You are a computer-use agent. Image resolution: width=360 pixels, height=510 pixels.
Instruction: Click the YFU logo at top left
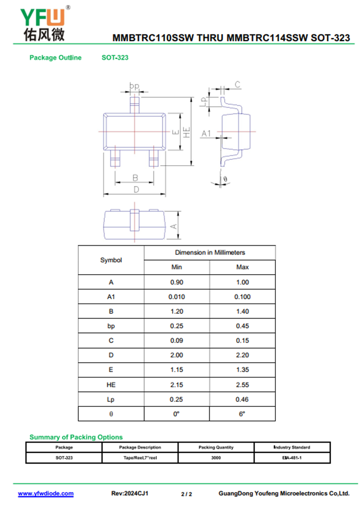[44, 23]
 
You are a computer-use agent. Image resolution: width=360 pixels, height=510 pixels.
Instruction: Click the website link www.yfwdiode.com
[45, 493]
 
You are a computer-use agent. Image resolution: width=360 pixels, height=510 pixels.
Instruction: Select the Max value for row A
[242, 282]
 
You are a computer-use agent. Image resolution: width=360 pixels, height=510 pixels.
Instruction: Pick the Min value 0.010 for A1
[176, 297]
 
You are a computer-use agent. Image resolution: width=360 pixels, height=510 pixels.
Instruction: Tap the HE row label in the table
[111, 385]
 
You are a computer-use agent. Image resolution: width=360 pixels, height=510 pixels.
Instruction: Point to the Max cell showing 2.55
[242, 385]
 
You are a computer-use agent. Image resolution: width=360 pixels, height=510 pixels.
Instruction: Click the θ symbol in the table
[111, 414]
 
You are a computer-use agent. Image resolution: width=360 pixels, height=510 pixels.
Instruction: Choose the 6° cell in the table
[242, 414]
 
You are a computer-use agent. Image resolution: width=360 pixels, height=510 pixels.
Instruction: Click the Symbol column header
[111, 260]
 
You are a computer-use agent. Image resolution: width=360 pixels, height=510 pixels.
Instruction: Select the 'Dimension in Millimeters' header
[210, 253]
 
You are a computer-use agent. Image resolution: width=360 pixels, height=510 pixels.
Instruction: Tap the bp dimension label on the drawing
[134, 86]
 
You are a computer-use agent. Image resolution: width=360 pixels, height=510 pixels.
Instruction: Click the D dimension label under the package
[136, 190]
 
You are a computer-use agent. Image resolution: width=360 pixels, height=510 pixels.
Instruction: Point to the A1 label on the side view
[206, 133]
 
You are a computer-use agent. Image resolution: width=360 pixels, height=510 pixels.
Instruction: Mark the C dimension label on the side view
[238, 85]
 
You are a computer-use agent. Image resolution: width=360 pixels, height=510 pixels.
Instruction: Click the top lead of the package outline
[135, 105]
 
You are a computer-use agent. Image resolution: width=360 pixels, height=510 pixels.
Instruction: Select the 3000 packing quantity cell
[216, 458]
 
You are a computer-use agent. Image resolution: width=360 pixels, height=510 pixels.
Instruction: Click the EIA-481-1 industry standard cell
[292, 458]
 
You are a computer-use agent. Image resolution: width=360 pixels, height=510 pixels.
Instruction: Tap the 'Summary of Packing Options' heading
[76, 437]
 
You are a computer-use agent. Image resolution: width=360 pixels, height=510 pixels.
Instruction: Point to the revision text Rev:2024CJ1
[130, 493]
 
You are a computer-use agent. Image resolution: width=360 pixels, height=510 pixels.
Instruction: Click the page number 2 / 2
[186, 494]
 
